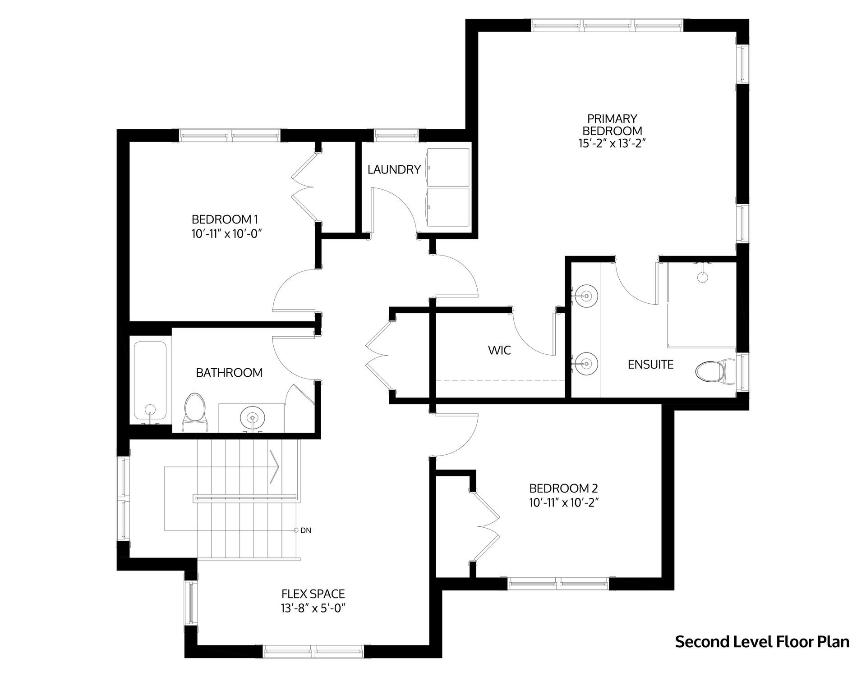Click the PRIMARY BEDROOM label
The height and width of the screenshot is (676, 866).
612,125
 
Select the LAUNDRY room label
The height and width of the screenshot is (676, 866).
394,169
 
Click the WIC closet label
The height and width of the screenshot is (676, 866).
500,350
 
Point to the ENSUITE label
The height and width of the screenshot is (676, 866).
650,364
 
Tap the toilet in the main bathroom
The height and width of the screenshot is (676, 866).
195,412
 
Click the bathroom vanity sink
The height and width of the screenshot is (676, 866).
252,417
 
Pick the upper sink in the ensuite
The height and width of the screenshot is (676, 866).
586,296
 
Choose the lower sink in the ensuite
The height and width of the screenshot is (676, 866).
586,363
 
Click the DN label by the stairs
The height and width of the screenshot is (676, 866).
306,530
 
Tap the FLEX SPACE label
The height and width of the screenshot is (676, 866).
313,594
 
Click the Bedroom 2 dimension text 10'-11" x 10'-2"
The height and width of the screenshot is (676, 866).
564,502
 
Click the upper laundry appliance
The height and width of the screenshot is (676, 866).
447,167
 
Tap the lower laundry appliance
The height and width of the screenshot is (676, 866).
447,207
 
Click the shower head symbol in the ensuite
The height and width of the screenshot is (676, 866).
702,276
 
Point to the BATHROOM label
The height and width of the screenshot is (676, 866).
229,372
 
